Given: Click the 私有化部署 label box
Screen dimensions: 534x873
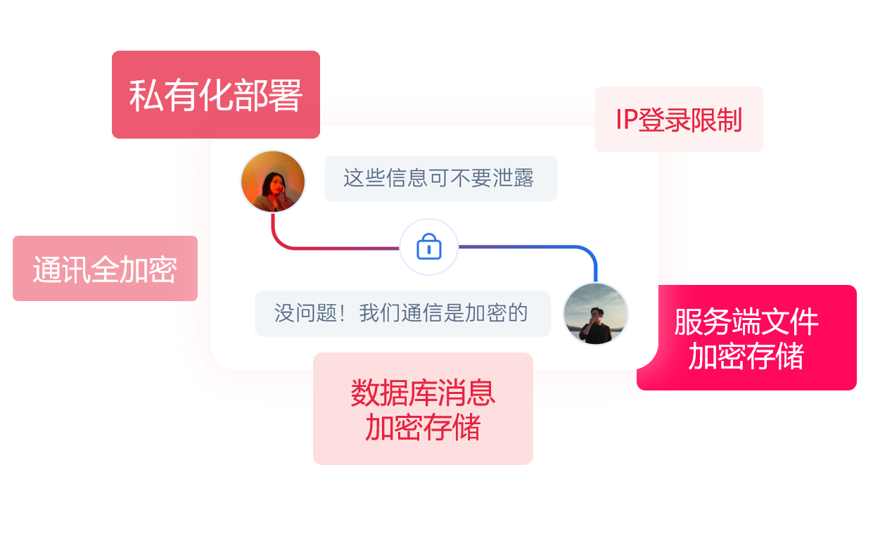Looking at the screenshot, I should (215, 94).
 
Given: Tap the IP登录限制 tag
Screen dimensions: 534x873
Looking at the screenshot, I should (679, 120).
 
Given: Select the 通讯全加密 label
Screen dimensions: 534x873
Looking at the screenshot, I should (105, 269).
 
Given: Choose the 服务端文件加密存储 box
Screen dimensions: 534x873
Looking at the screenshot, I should (746, 338).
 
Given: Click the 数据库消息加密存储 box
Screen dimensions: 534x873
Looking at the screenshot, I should (423, 409).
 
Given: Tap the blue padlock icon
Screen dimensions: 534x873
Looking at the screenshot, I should (428, 247).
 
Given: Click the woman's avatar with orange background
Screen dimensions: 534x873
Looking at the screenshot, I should (273, 182).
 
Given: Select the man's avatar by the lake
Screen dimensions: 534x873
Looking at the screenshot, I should (595, 314).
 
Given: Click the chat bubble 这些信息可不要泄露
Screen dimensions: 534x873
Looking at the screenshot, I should (440, 178).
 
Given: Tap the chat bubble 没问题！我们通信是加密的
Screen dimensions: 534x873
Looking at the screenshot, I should (402, 313).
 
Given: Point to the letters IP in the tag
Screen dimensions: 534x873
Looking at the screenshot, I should (626, 120).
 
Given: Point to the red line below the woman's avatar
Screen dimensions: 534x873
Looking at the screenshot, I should (273, 229).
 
